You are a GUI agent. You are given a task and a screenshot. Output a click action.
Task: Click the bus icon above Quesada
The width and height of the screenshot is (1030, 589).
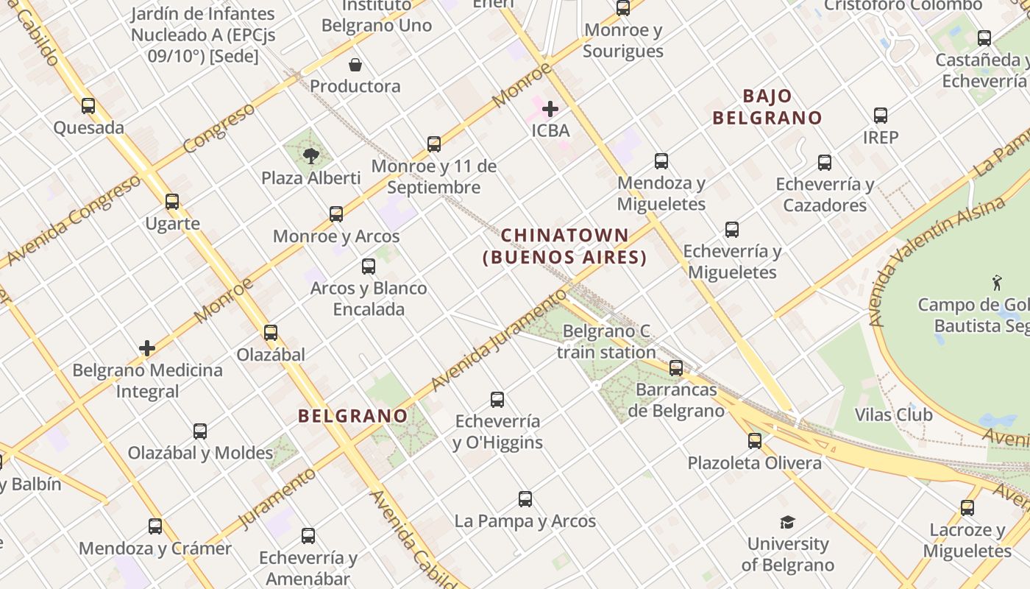88,106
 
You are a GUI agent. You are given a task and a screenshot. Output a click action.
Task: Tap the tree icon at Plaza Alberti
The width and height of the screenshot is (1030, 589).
310,155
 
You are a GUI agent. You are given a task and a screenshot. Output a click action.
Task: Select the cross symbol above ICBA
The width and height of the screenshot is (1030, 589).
550,109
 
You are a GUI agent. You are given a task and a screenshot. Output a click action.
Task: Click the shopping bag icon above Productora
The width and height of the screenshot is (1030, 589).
355,65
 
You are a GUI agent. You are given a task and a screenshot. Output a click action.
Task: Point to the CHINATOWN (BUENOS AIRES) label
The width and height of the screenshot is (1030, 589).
564,247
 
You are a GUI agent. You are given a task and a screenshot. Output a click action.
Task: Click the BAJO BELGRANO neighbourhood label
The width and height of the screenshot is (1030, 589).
767,107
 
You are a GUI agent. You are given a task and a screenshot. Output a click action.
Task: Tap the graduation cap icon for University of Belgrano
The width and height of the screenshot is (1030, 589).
787,523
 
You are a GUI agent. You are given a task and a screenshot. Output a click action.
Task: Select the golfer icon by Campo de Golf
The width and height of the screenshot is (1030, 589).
997,282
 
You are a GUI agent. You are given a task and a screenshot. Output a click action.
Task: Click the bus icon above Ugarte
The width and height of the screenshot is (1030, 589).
172,202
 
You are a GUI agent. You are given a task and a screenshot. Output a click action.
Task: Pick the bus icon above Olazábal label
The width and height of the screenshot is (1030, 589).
271,333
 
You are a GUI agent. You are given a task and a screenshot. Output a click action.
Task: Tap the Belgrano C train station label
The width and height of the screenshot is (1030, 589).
606,342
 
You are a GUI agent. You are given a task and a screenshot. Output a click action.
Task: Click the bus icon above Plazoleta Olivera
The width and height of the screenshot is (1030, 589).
755,441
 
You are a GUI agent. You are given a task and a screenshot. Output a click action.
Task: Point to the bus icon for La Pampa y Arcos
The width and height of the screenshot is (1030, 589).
525,499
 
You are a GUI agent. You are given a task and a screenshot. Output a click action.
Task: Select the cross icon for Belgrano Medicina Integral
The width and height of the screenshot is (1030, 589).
147,348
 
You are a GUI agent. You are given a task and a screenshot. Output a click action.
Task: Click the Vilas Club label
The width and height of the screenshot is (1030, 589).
893,415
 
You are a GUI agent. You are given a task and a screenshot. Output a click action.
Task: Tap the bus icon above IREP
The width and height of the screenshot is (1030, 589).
881,116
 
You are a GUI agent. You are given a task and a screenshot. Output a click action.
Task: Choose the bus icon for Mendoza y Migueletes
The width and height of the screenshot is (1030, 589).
661,161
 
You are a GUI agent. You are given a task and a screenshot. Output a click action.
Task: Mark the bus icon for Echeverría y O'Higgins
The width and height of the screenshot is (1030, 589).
497,400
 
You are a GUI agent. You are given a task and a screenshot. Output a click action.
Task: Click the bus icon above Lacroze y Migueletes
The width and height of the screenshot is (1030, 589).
967,508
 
